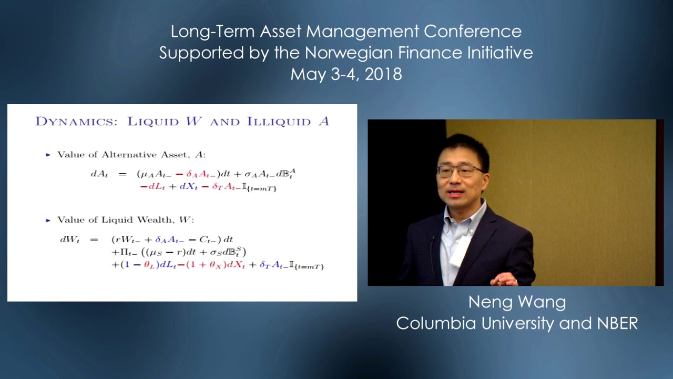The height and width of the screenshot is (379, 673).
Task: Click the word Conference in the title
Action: coord(473,32)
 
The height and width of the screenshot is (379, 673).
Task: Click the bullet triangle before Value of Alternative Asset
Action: coord(48,155)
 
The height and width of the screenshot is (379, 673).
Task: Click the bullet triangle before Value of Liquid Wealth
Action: coord(48,220)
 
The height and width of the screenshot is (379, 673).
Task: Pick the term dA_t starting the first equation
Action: coord(99,173)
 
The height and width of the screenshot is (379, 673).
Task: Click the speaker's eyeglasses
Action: coord(460,171)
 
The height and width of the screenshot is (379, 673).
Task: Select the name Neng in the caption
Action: coord(488,302)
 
